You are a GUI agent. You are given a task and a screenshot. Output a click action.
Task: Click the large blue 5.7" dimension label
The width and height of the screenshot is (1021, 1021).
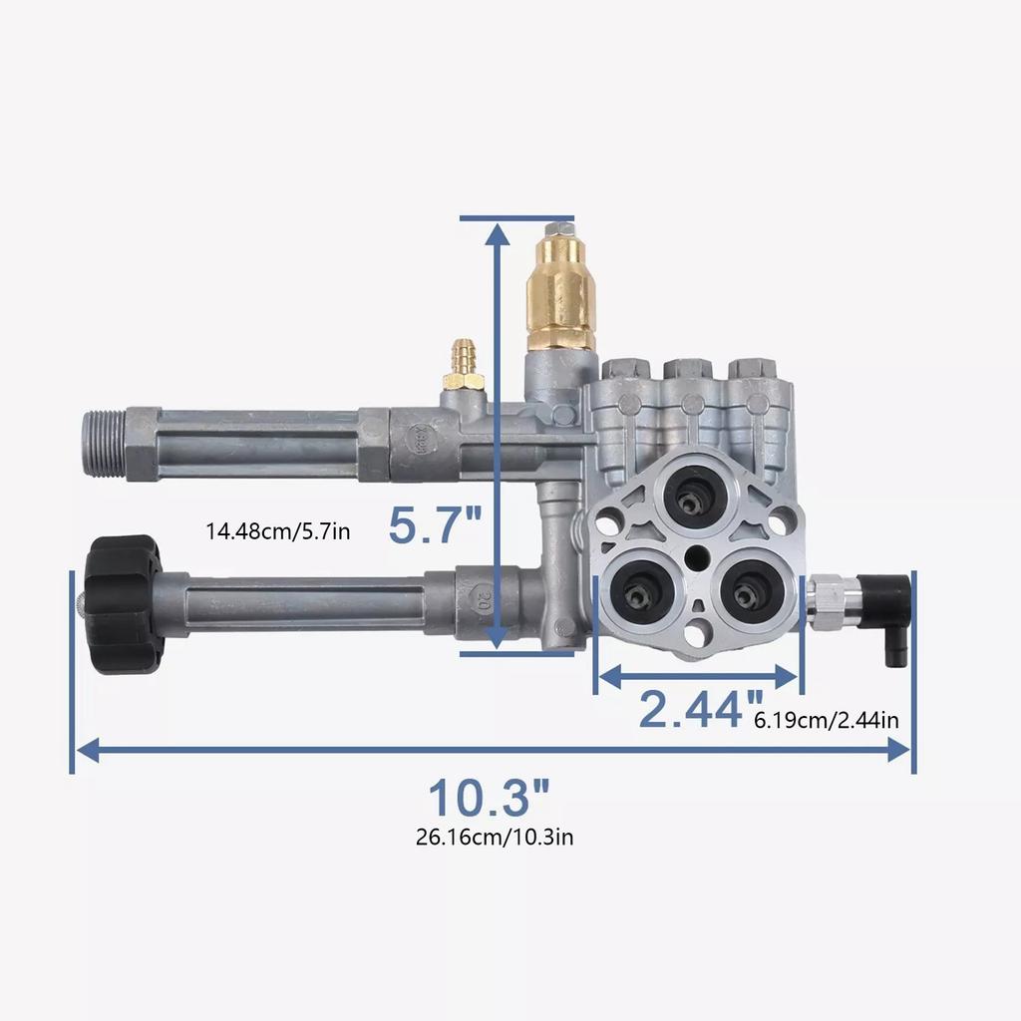(435, 525)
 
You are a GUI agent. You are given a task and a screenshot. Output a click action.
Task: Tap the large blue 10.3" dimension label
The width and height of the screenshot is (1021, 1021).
(489, 799)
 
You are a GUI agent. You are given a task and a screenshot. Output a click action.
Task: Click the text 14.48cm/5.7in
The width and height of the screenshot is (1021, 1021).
(278, 530)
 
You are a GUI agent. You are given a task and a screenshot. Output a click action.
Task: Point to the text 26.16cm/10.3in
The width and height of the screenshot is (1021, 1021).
(495, 837)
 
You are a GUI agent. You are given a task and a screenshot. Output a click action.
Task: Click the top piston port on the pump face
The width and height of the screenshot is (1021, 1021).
(689, 493)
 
